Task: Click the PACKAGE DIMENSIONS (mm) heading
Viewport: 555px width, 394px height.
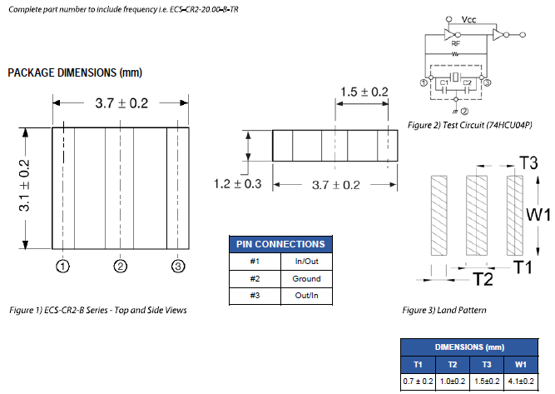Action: pyautogui.click(x=75, y=73)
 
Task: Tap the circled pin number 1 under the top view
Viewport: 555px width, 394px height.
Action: pyautogui.click(x=62, y=267)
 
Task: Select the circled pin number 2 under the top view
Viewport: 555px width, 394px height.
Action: pyautogui.click(x=121, y=267)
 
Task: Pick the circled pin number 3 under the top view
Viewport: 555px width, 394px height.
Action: pyautogui.click(x=177, y=267)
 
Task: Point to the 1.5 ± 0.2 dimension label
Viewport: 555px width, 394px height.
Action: pyautogui.click(x=364, y=92)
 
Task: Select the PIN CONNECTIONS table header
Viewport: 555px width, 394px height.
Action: pyautogui.click(x=280, y=245)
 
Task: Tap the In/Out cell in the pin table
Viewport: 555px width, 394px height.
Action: pyautogui.click(x=306, y=262)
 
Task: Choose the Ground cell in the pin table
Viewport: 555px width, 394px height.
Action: pyautogui.click(x=306, y=278)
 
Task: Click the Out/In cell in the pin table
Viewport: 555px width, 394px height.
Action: pyautogui.click(x=306, y=295)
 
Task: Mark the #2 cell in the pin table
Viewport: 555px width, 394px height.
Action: pyautogui.click(x=255, y=278)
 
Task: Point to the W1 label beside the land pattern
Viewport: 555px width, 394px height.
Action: pyautogui.click(x=538, y=214)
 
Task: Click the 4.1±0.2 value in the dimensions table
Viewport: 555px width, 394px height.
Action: pyautogui.click(x=521, y=381)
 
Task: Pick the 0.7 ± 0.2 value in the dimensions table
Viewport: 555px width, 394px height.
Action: pyautogui.click(x=418, y=381)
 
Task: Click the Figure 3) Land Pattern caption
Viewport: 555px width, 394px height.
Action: pyautogui.click(x=444, y=311)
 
